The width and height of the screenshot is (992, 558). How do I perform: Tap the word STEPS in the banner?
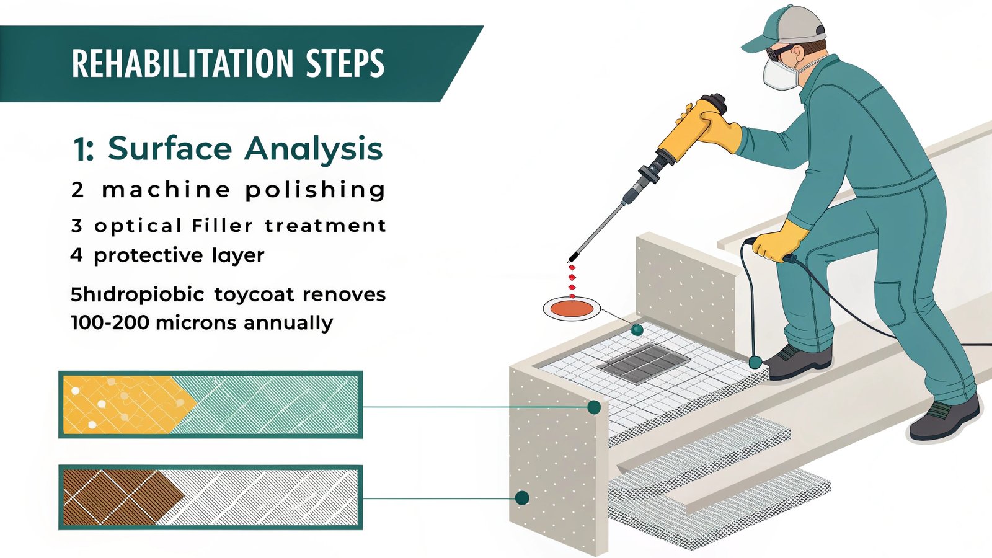tap(345, 63)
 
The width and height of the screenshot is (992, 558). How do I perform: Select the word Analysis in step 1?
tap(314, 149)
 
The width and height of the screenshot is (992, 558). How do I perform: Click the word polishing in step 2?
tap(316, 190)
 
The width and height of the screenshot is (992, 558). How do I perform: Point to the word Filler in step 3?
tap(222, 225)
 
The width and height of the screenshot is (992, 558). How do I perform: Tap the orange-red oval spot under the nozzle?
tap(572, 308)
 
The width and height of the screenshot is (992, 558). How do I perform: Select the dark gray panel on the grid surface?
tap(644, 363)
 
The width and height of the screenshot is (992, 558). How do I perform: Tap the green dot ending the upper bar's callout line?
tap(593, 407)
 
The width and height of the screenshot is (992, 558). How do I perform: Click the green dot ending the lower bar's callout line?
tap(522, 498)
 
